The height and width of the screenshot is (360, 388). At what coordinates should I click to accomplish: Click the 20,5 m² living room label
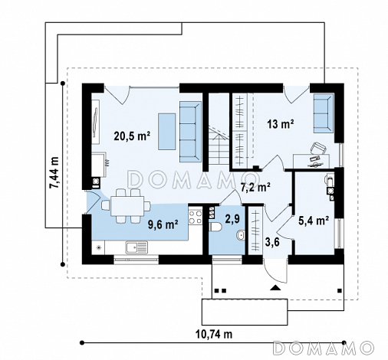(132, 136)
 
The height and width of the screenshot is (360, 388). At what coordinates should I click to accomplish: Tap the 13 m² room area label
(280, 124)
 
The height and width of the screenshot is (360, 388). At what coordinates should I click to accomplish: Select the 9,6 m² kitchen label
(163, 224)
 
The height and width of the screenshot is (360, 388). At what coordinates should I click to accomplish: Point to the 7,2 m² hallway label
(255, 188)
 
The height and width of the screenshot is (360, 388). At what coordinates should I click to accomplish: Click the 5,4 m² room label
(314, 221)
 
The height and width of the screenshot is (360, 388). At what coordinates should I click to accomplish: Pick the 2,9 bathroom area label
(232, 218)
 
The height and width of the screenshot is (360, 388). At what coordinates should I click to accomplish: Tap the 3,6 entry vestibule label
(272, 242)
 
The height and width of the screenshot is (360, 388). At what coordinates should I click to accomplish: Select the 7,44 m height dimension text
(54, 172)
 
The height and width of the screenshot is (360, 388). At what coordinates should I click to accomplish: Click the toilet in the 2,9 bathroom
(216, 227)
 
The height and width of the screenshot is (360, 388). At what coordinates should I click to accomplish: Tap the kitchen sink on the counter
(136, 247)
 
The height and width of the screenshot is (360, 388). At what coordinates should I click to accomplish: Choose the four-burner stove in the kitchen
(196, 217)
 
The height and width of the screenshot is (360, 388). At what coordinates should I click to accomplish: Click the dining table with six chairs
(127, 206)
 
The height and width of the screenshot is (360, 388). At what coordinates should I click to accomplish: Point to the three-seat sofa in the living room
(190, 132)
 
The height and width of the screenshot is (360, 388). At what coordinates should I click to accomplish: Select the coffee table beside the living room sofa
(167, 131)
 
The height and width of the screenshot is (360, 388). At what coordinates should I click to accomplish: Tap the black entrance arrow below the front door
(275, 287)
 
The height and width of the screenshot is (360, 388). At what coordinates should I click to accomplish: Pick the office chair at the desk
(318, 149)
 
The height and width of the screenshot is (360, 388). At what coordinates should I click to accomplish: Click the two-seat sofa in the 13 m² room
(324, 113)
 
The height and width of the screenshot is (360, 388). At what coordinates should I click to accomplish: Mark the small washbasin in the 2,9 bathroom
(241, 235)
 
